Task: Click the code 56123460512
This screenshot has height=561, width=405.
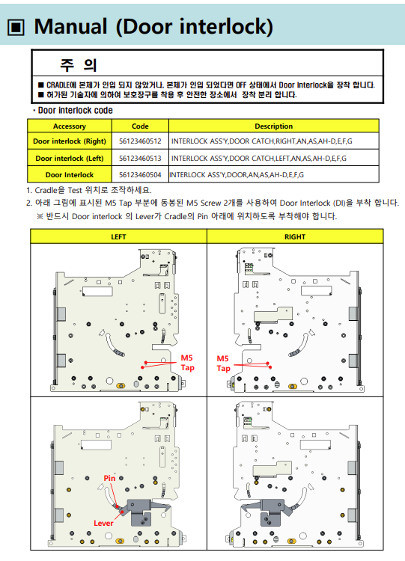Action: pyautogui.click(x=140, y=141)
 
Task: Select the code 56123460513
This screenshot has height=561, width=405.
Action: pyautogui.click(x=140, y=158)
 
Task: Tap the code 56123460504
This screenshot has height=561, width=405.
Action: pyautogui.click(x=140, y=175)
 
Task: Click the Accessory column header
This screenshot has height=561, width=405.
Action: pyautogui.click(x=70, y=126)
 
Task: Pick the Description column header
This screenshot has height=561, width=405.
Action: pyautogui.click(x=273, y=126)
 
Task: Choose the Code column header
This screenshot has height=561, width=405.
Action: pyautogui.click(x=140, y=126)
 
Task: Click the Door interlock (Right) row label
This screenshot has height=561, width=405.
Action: pyautogui.click(x=70, y=141)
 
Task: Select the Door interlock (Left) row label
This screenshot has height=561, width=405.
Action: pyautogui.click(x=70, y=158)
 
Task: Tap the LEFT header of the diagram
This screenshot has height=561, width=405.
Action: pyautogui.click(x=118, y=237)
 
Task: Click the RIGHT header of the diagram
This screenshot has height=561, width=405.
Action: pyautogui.click(x=295, y=237)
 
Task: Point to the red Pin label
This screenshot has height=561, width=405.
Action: pyautogui.click(x=109, y=479)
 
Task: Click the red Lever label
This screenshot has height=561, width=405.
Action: pyautogui.click(x=103, y=523)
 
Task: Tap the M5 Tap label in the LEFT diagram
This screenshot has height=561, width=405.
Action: pyautogui.click(x=187, y=363)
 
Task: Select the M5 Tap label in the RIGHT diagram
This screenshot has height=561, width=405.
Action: pyautogui.click(x=223, y=364)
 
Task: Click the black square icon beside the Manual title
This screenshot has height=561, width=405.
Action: pyautogui.click(x=16, y=28)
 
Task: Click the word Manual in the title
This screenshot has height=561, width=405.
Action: pyautogui.click(x=70, y=26)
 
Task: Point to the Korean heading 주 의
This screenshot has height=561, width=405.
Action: pyautogui.click(x=79, y=65)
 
